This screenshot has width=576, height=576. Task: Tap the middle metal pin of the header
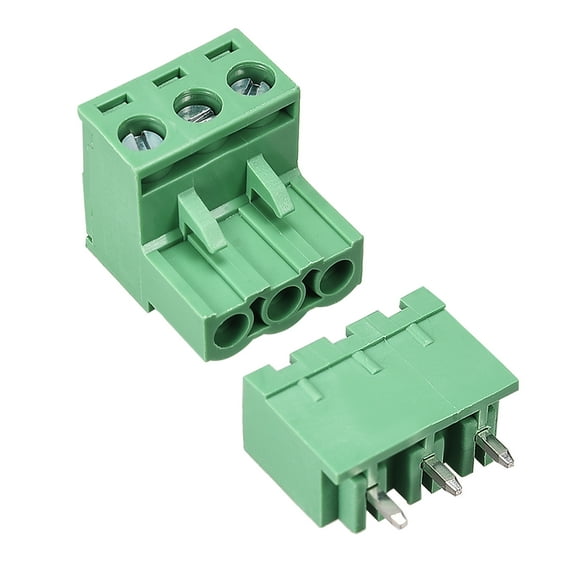441,477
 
